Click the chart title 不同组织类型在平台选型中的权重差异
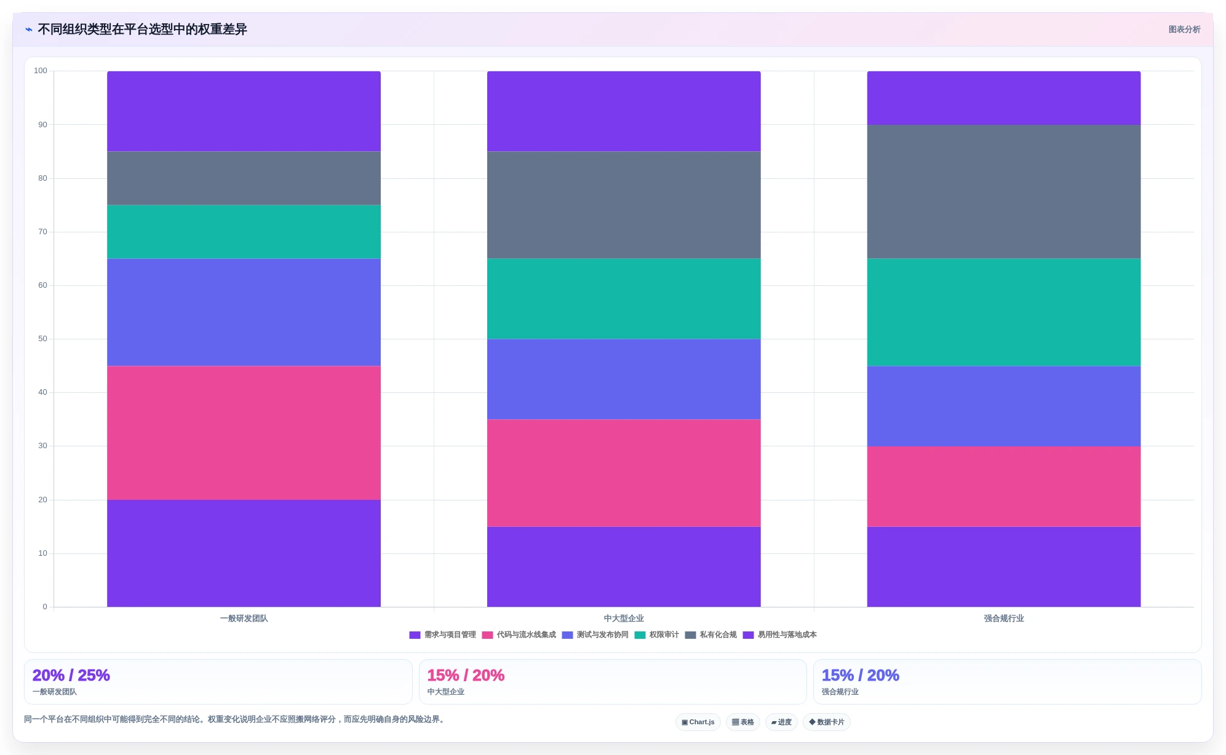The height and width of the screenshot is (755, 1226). [x=142, y=30]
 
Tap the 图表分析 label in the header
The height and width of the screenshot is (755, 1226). [x=1184, y=30]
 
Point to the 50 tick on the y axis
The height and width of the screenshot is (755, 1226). [x=42, y=339]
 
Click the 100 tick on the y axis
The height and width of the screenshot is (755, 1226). [x=41, y=71]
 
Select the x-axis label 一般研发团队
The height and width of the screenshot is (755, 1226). [x=244, y=619]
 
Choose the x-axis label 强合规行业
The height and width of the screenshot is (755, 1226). [x=1004, y=619]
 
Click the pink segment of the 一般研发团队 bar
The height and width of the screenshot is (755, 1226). [x=244, y=433]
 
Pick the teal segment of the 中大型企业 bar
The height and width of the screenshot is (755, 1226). [x=624, y=299]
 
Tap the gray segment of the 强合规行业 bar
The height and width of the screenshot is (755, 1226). [x=1004, y=192]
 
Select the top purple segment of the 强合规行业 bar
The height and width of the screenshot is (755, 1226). [x=1004, y=98]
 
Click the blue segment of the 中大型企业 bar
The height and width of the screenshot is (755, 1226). [x=624, y=379]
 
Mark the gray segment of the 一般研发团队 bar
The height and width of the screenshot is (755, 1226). [x=244, y=178]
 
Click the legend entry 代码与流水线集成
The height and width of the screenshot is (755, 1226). [x=519, y=635]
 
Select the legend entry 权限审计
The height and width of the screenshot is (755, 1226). [x=657, y=635]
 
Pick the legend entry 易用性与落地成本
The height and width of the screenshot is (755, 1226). [x=780, y=635]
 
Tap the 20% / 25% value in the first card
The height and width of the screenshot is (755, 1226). [x=71, y=675]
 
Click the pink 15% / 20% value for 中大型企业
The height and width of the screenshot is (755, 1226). [x=466, y=675]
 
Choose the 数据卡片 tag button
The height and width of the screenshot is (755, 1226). [x=827, y=722]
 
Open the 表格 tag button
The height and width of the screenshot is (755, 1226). [x=743, y=722]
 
